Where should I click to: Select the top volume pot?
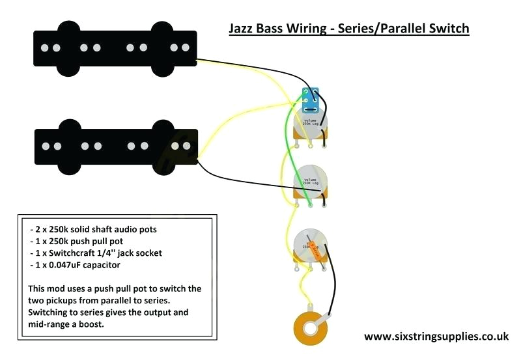312,124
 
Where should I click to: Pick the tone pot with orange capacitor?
311,247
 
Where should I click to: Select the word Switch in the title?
447,29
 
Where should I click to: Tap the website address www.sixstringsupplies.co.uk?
436,337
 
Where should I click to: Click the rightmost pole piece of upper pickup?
182,47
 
